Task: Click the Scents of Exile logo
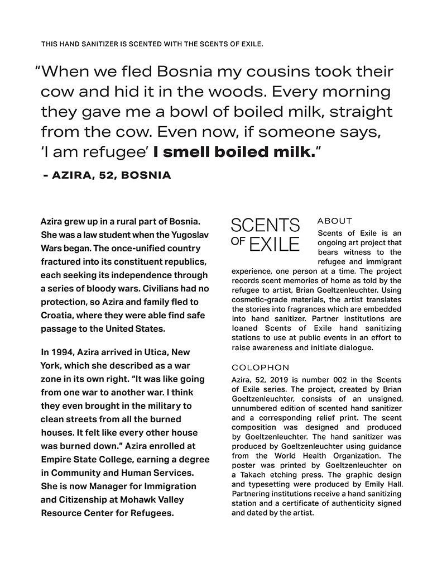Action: [x=265, y=235]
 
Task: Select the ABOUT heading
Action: [x=334, y=221]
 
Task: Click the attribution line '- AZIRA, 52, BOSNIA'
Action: [x=107, y=175]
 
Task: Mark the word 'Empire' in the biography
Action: [x=56, y=459]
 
